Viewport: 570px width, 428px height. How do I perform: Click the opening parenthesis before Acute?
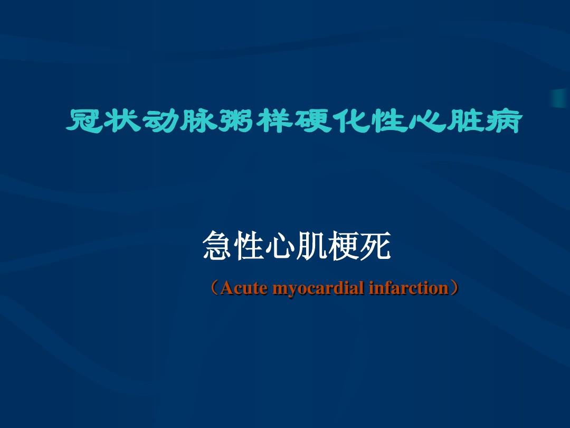(x=214, y=289)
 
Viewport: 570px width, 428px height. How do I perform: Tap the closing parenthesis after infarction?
(x=454, y=289)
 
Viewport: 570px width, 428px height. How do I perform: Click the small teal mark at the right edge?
(x=560, y=98)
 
